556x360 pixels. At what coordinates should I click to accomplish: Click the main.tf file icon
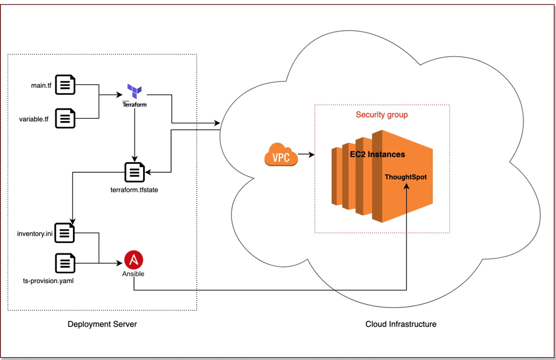click(x=65, y=85)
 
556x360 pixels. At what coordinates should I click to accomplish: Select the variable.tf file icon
click(x=65, y=118)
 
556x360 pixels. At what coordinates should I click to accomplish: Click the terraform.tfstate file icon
click(x=135, y=172)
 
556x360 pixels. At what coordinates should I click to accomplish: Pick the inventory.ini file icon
click(x=64, y=233)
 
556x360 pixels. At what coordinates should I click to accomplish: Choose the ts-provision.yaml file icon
click(x=65, y=263)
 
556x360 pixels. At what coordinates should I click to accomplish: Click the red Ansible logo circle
click(x=133, y=260)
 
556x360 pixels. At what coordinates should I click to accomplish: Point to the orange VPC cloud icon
click(x=281, y=155)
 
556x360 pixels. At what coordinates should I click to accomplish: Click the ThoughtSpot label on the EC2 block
click(x=405, y=177)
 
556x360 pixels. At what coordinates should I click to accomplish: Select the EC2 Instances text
click(x=378, y=154)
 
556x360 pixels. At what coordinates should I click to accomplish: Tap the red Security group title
click(x=382, y=115)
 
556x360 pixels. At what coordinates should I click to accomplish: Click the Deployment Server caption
click(x=102, y=324)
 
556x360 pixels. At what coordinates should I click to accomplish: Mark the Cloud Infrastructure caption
click(x=401, y=324)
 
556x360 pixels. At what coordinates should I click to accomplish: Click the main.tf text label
click(x=41, y=86)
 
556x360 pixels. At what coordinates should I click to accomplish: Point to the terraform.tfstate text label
click(x=134, y=190)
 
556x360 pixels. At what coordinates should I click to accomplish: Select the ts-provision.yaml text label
click(x=48, y=281)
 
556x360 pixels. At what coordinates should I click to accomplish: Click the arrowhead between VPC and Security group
click(x=312, y=154)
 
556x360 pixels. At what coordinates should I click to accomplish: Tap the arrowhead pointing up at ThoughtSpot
click(x=407, y=186)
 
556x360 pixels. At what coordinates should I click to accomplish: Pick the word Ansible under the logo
click(x=133, y=274)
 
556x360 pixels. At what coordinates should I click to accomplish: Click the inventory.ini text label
click(x=35, y=234)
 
